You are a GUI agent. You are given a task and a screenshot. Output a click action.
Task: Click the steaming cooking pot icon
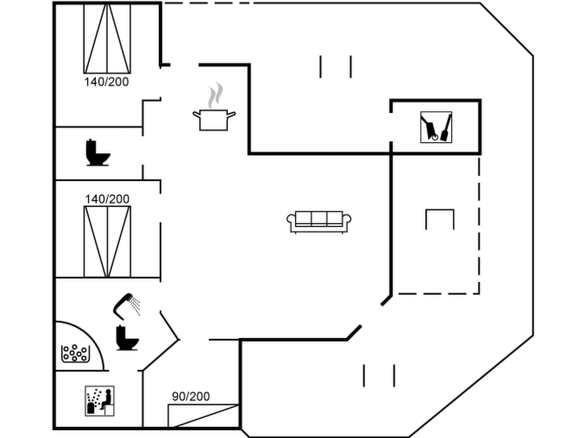[x=214, y=119]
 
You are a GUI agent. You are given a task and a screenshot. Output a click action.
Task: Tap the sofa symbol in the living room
[x=319, y=222]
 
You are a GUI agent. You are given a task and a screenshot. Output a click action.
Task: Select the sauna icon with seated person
[x=100, y=401]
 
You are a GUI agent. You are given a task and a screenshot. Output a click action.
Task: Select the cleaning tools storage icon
[x=436, y=127]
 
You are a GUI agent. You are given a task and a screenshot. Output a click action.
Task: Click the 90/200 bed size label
[x=191, y=396]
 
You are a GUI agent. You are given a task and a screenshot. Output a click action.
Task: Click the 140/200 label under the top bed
[x=107, y=82]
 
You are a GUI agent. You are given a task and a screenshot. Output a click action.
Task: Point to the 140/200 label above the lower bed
[x=107, y=199]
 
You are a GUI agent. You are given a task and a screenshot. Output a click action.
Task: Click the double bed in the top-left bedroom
[x=107, y=38]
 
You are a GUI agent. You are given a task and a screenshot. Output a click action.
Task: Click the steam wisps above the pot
[x=215, y=96]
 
